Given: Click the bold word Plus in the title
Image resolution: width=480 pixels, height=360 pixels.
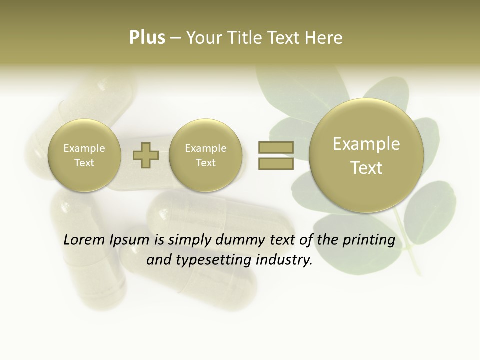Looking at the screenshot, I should click(x=147, y=38).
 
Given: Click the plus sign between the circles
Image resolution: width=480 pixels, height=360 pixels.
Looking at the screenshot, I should click(x=146, y=155).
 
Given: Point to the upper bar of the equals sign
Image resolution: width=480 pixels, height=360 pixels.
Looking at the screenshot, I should click(x=275, y=147).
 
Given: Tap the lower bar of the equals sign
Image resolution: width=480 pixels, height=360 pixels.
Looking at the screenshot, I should click(x=275, y=163).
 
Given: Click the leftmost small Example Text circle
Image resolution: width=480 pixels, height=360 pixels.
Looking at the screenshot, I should click(x=84, y=155).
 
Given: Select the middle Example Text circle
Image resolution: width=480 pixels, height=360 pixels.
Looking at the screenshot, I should click(x=206, y=155).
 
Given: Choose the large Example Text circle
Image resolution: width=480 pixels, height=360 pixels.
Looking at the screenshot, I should click(x=366, y=155).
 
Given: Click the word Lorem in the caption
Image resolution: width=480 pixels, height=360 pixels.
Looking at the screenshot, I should click(x=85, y=240).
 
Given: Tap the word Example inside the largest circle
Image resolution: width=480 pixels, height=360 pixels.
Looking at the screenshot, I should click(x=366, y=144).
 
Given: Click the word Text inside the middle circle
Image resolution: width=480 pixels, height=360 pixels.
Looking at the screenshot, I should click(x=206, y=163).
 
